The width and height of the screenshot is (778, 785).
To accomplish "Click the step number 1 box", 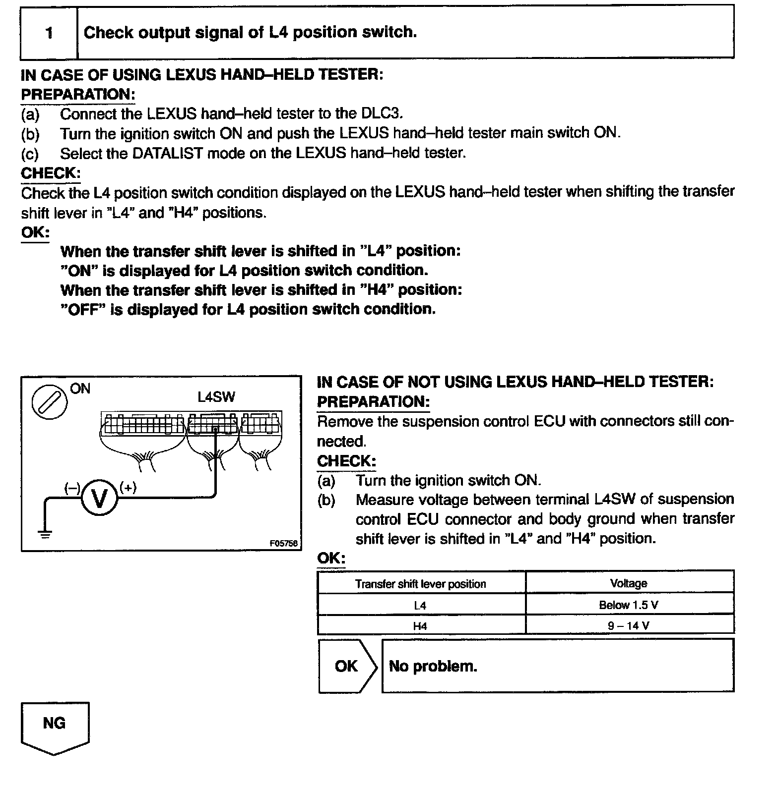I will pyautogui.click(x=49, y=33).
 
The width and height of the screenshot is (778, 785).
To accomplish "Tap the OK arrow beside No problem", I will pyautogui.click(x=347, y=666).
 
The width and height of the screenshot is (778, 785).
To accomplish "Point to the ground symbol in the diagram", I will pyautogui.click(x=45, y=534).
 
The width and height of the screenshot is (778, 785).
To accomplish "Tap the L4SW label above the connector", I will pyautogui.click(x=216, y=397).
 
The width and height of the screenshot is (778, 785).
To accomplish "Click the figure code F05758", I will pyautogui.click(x=283, y=543).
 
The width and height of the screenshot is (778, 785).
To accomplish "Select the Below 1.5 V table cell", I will pyautogui.click(x=629, y=605).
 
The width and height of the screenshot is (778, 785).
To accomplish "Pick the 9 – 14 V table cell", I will pyautogui.click(x=629, y=625).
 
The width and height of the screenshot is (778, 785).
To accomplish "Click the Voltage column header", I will pyautogui.click(x=629, y=583).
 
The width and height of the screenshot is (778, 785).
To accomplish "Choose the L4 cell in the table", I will pyautogui.click(x=420, y=605).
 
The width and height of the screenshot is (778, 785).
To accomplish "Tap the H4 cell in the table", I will pyautogui.click(x=420, y=626).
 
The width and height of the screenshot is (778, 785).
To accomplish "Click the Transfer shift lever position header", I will pyautogui.click(x=420, y=584).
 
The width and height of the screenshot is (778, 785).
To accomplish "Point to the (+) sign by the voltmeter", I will pyautogui.click(x=128, y=488).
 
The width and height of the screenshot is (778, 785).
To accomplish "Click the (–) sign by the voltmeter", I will pyautogui.click(x=72, y=488).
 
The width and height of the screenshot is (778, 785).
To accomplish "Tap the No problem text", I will pyautogui.click(x=433, y=666).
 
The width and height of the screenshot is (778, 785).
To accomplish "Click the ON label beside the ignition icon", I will pyautogui.click(x=80, y=389).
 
